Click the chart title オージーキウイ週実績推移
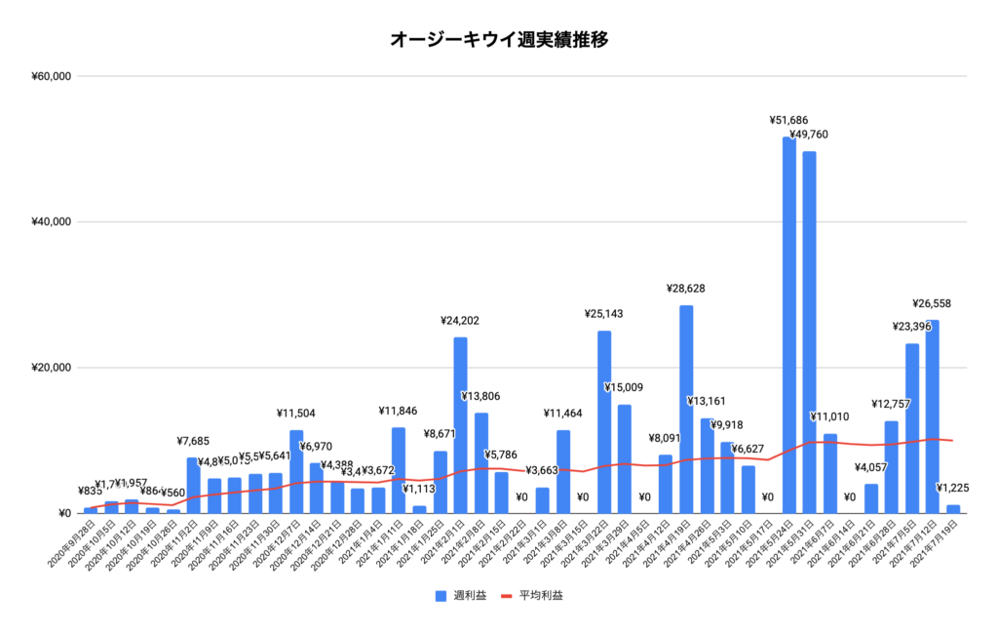[500, 40]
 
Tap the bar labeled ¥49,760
[810, 332]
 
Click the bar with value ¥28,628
[686, 410]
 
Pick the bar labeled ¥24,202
[460, 425]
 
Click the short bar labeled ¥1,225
[953, 509]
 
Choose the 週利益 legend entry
[463, 595]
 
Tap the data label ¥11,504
[295, 414]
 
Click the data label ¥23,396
[911, 327]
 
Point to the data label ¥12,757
[891, 404]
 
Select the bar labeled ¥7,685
[193, 486]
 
